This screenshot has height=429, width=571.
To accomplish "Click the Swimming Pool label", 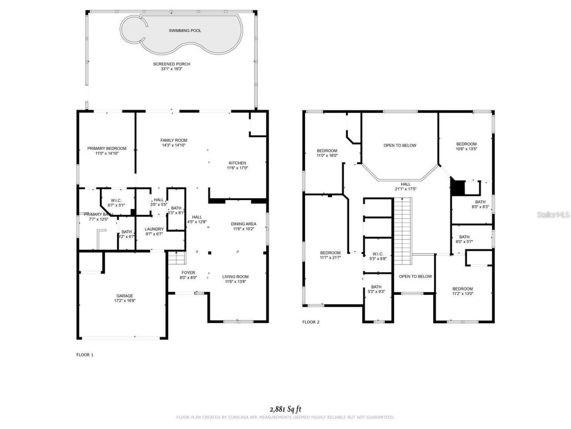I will click(185, 30).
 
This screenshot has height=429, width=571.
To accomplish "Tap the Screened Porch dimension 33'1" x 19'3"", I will click(172, 69).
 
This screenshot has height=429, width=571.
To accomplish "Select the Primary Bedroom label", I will click(107, 148).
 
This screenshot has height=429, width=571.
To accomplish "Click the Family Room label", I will click(174, 140).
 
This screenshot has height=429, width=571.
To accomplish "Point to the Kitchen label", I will click(237, 163).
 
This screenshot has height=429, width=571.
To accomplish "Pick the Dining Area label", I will click(243, 224).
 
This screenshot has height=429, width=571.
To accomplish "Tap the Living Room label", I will click(235, 277).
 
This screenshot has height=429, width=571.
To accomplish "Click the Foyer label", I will click(188, 273).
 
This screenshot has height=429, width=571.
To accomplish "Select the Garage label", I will click(124, 296).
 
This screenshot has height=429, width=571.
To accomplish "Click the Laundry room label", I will click(154, 229).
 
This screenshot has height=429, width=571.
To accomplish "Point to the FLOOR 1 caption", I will click(85, 355).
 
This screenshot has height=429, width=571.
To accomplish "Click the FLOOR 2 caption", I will click(311, 322).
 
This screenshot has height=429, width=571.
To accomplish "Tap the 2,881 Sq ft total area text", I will click(285, 408).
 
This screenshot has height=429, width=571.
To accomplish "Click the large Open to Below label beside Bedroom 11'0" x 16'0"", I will click(400, 145).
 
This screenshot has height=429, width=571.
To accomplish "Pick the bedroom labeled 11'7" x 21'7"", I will click(330, 253).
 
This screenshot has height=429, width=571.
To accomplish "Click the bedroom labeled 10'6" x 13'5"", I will click(466, 144).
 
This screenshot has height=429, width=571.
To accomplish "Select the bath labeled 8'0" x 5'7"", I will click(464, 237).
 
